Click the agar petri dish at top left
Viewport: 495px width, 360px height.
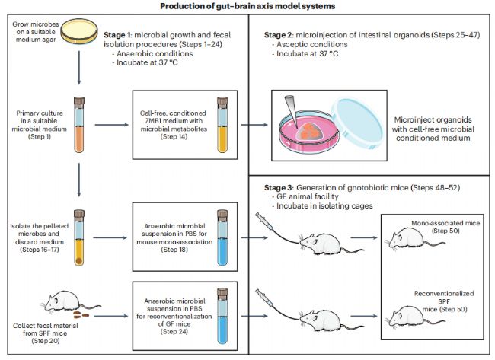[79, 31]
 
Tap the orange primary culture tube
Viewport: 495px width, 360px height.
[79, 125]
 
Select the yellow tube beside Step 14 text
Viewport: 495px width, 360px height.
[222, 125]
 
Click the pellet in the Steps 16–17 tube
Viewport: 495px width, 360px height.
[79, 260]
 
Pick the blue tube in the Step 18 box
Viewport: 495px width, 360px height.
[222, 237]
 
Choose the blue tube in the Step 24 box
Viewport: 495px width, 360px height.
[222, 316]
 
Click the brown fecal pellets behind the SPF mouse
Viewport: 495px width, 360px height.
[81, 314]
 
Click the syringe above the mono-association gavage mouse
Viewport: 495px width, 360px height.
[264, 221]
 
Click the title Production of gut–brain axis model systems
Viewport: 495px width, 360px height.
[247, 6]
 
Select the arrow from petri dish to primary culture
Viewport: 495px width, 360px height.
[79, 68]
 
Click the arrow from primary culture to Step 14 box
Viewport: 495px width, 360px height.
[112, 125]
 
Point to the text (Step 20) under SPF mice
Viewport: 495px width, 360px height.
[46, 341]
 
